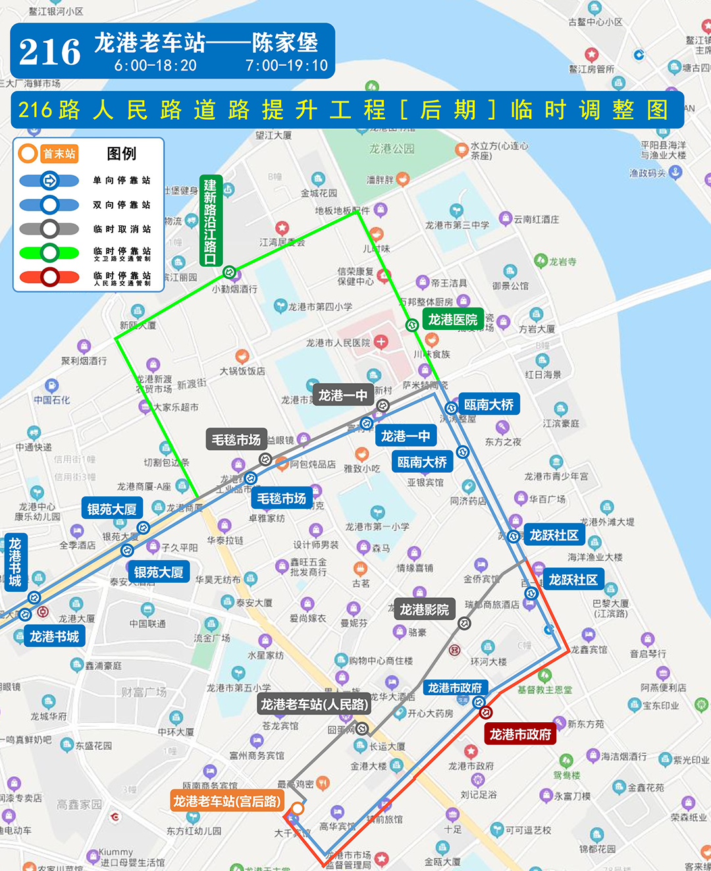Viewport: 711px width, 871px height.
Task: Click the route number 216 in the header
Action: pos(50,52)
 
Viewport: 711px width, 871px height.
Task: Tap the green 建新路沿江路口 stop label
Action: pos(210,221)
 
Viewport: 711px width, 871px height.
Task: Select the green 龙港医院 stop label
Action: pos(452,320)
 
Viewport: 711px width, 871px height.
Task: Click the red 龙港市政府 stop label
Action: pos(520,734)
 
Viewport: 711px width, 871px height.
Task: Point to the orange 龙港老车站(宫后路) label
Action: pos(227,801)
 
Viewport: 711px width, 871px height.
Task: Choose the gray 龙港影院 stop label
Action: pos(424,610)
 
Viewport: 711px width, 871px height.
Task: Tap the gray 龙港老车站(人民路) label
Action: pos(315,704)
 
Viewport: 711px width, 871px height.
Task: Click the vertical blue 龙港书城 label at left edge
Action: pos(15,562)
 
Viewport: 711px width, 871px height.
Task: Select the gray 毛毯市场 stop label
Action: pos(236,440)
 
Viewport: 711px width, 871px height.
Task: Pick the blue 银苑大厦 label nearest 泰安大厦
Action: pos(158,572)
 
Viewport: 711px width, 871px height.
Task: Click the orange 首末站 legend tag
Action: pos(59,154)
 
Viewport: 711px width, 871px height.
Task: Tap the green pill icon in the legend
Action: pos(49,253)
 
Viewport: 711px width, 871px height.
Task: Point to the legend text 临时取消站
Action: pos(122,229)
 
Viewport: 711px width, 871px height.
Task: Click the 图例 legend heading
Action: pos(122,154)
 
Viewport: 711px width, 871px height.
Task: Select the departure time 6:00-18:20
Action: pos(155,66)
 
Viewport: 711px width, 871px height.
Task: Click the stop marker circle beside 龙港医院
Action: pos(411,325)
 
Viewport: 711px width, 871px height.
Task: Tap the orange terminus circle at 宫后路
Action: pos(298,808)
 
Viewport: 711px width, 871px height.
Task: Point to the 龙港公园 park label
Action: pos(392,149)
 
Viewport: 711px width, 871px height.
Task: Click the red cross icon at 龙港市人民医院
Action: pos(381,342)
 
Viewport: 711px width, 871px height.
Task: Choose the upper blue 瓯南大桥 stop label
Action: pos(488,405)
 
